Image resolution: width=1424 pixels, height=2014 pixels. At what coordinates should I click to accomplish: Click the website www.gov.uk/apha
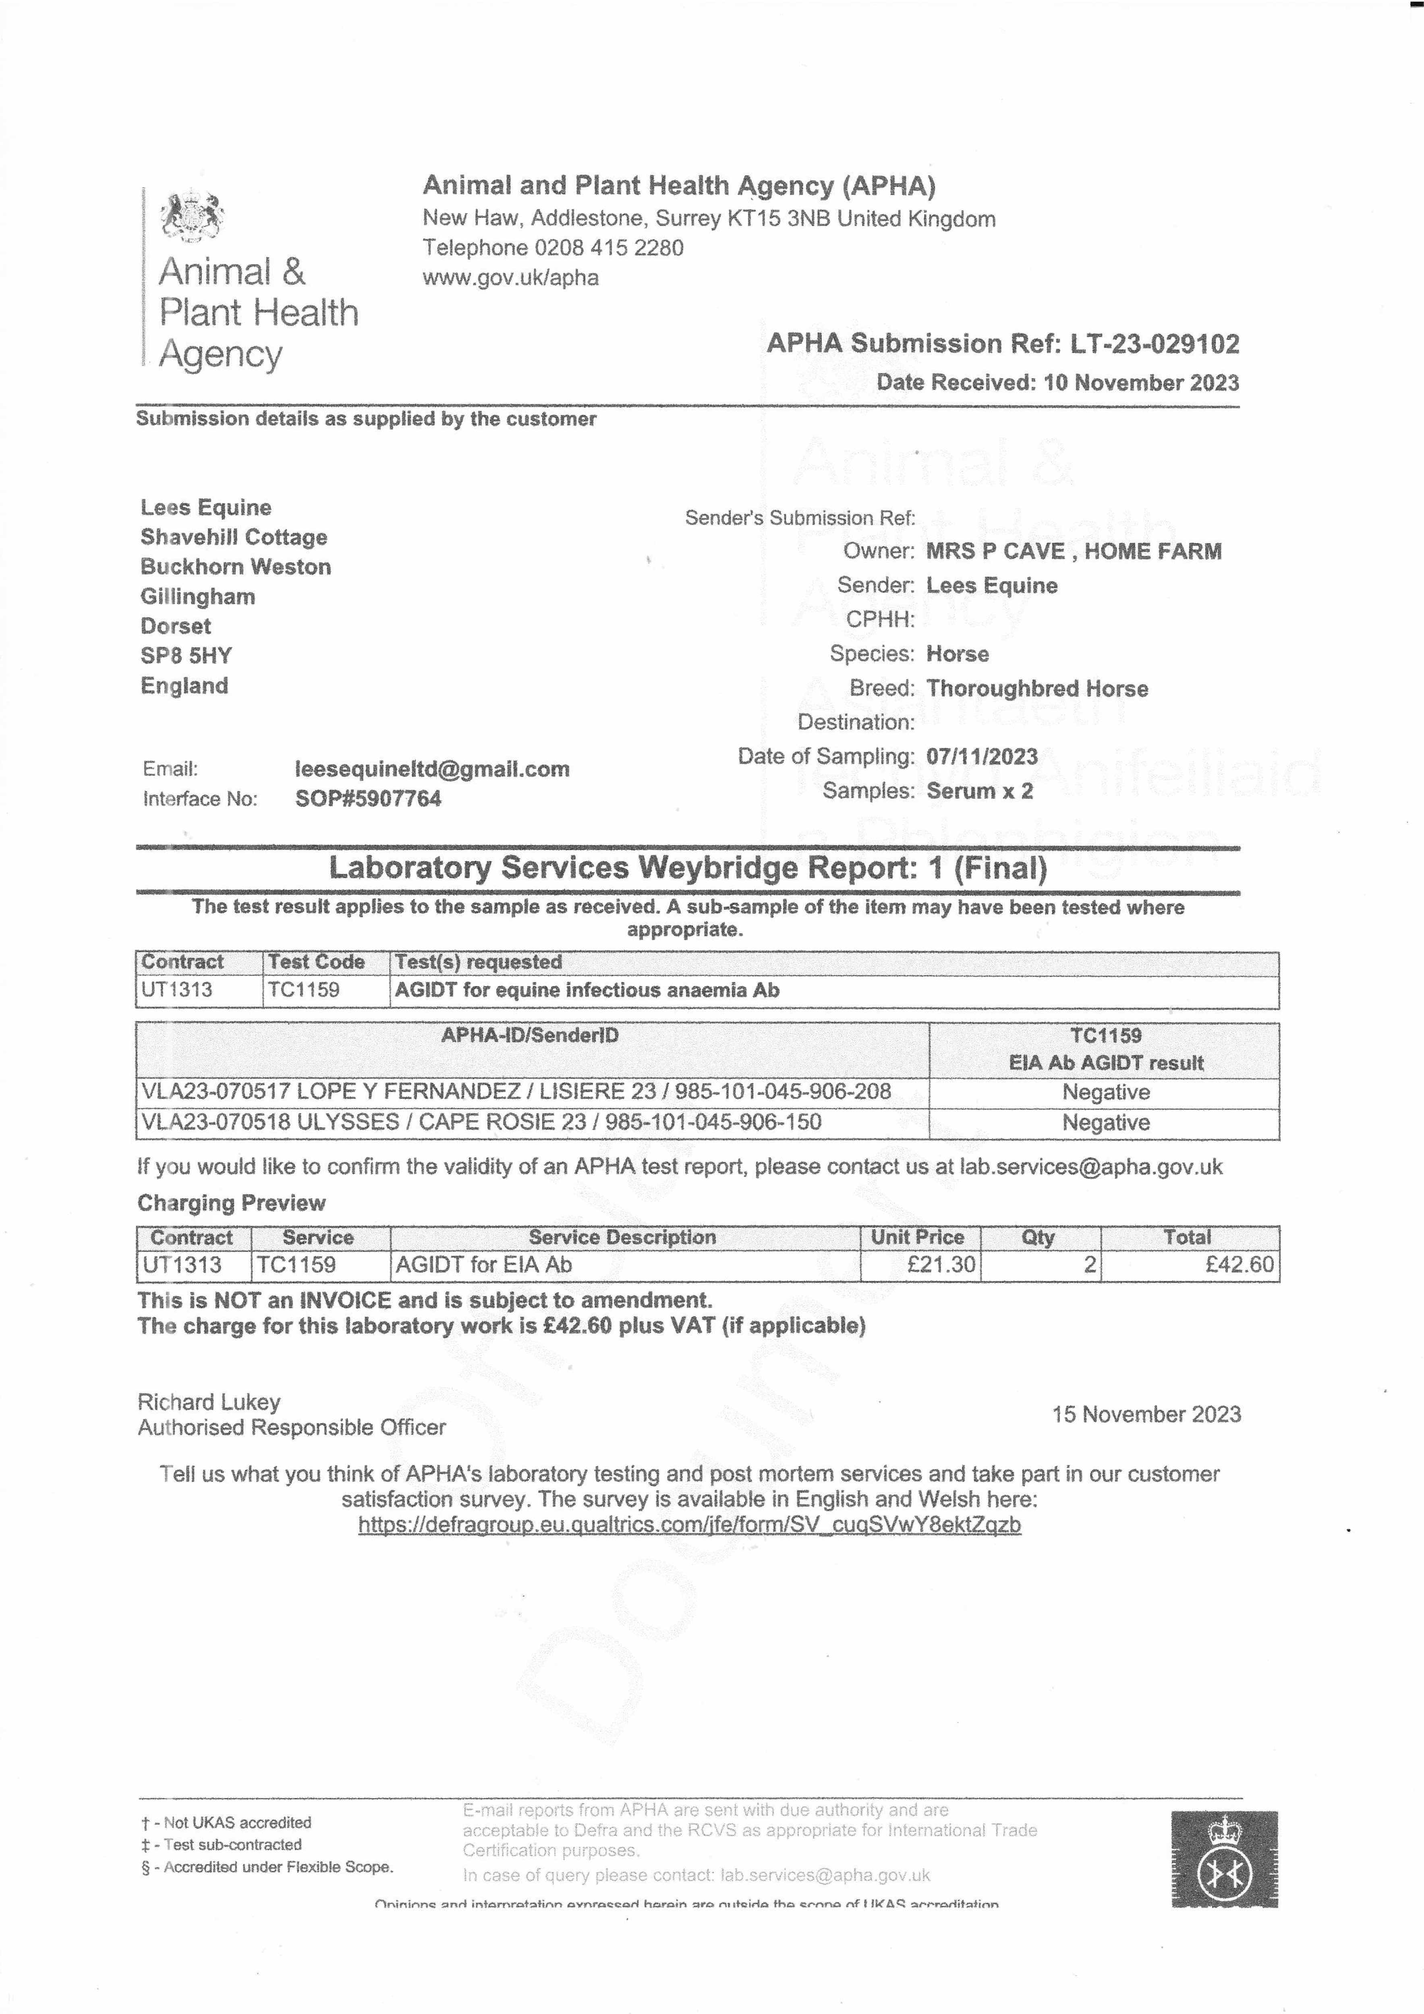click(x=511, y=278)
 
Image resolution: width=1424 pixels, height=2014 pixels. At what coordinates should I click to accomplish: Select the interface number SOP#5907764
click(x=369, y=798)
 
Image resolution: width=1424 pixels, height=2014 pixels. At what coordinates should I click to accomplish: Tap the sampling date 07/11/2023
click(x=982, y=756)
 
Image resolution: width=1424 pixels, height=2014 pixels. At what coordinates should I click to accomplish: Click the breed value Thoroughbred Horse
click(x=1037, y=688)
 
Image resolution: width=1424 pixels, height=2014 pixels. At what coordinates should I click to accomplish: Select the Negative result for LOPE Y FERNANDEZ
click(x=1105, y=1092)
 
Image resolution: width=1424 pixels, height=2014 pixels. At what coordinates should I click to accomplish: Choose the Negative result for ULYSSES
click(x=1105, y=1123)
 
